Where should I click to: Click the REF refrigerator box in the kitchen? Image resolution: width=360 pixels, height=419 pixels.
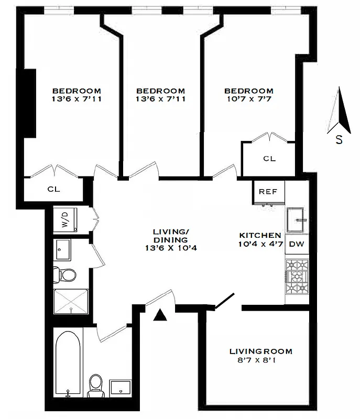coord(268,192)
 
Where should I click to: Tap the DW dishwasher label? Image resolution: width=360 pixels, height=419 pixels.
coord(296,244)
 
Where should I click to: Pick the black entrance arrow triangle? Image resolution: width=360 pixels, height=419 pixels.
coord(160,315)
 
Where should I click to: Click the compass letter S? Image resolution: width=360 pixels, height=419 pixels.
coord(340,140)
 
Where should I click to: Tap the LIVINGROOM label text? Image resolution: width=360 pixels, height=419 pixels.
coord(261,351)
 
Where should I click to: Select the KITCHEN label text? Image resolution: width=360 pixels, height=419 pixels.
coord(260,235)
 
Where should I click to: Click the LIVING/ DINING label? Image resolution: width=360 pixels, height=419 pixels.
coord(170,236)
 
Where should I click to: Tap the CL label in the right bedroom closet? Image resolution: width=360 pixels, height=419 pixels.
coord(269,159)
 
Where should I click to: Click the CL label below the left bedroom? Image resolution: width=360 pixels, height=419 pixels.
coord(54,189)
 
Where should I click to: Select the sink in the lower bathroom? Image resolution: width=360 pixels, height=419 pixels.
coord(122,388)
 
